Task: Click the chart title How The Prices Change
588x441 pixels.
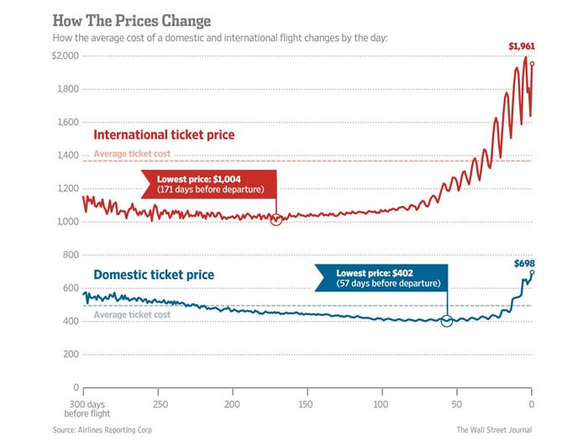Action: point(132,19)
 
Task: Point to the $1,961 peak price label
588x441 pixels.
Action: point(522,45)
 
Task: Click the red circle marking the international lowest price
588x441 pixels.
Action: point(276,219)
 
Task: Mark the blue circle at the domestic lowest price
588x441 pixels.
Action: point(447,321)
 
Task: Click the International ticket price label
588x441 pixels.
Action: point(164,134)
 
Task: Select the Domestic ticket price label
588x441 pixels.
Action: point(154,275)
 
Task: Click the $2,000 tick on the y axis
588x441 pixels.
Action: point(65,56)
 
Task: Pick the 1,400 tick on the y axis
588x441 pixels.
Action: point(66,155)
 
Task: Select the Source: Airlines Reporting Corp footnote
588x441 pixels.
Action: point(102,429)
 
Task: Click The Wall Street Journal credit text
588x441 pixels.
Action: point(493,429)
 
